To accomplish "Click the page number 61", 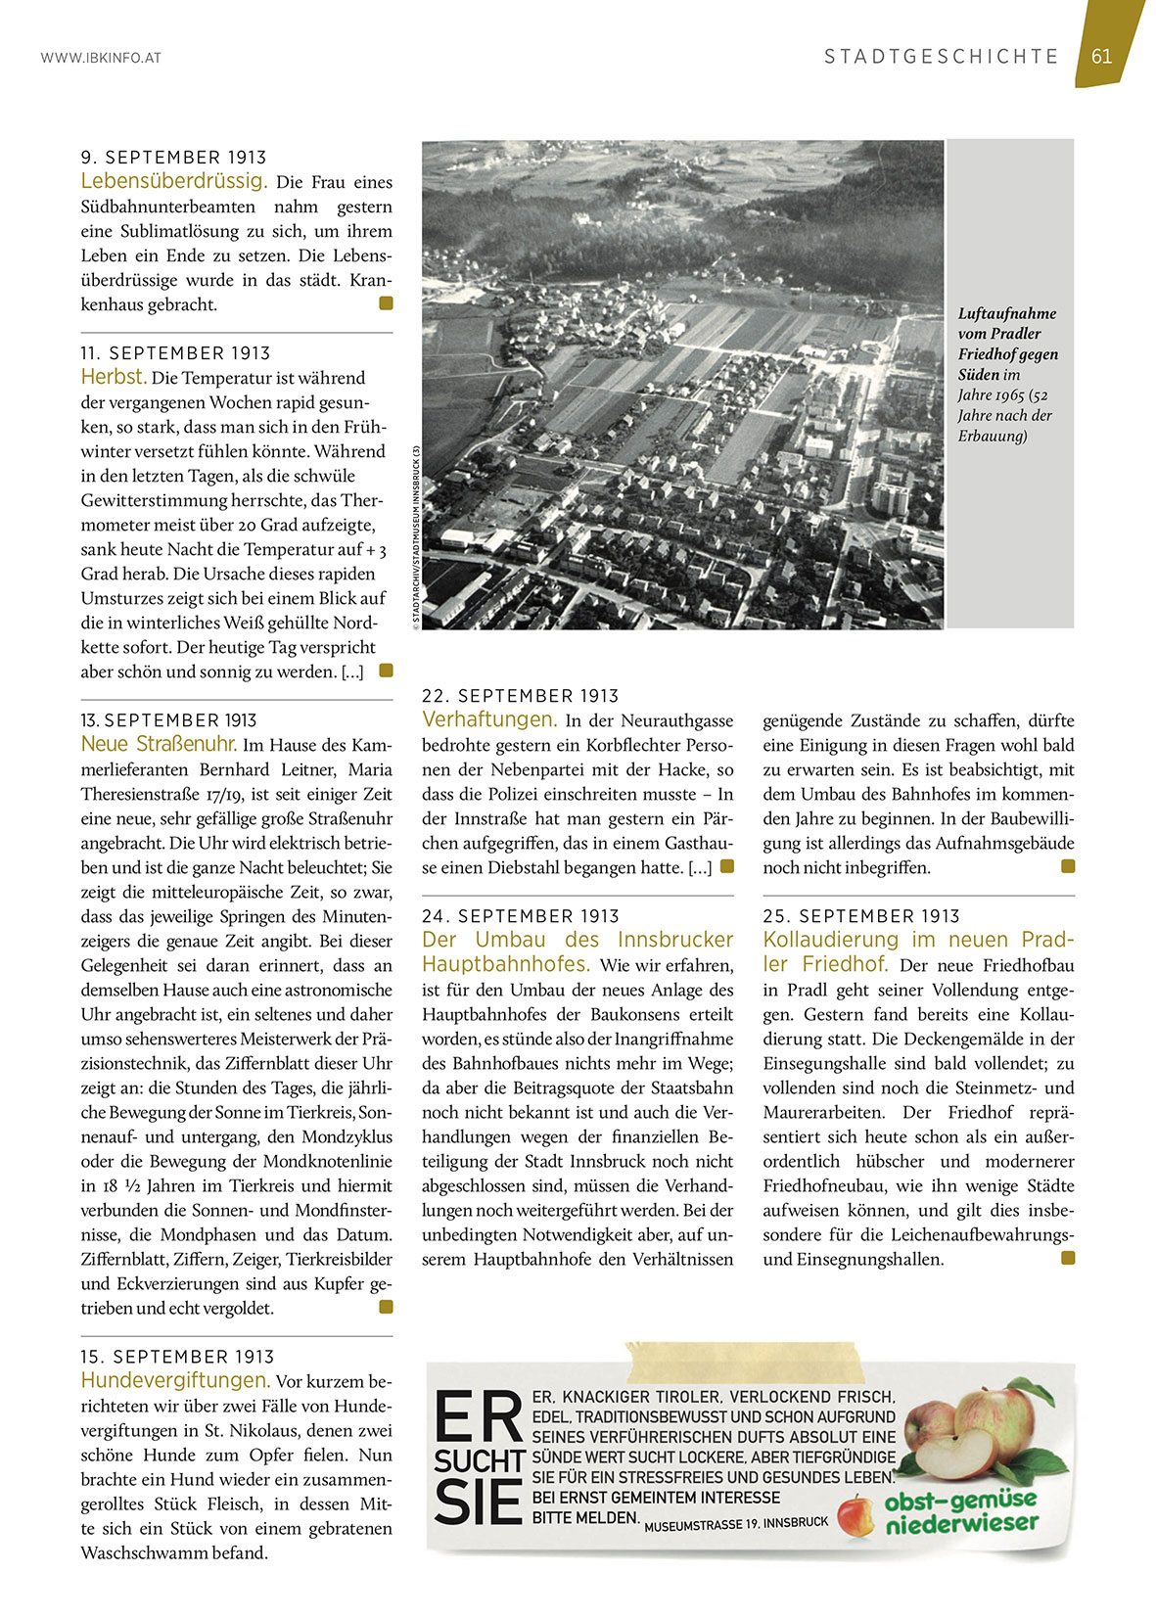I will (1101, 56).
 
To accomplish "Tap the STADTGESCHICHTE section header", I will (941, 57).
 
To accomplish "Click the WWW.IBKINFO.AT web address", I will (101, 58).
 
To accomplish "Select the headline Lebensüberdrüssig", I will (173, 181).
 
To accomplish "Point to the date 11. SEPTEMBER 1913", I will (175, 353).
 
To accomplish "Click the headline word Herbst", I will (114, 377).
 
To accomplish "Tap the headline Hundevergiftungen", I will (175, 1380).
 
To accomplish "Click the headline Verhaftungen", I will (489, 719).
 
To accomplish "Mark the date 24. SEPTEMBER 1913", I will (520, 916).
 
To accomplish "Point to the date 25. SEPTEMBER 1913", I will (861, 916).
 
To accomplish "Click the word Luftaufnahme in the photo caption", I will (1006, 313).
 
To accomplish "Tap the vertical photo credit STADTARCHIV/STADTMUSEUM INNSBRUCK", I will (416, 539).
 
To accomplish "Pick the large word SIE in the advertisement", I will (477, 1503).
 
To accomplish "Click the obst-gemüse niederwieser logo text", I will (959, 1512).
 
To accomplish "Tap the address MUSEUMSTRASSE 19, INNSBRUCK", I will (736, 1524).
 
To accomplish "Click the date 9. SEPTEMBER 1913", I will (173, 158).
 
